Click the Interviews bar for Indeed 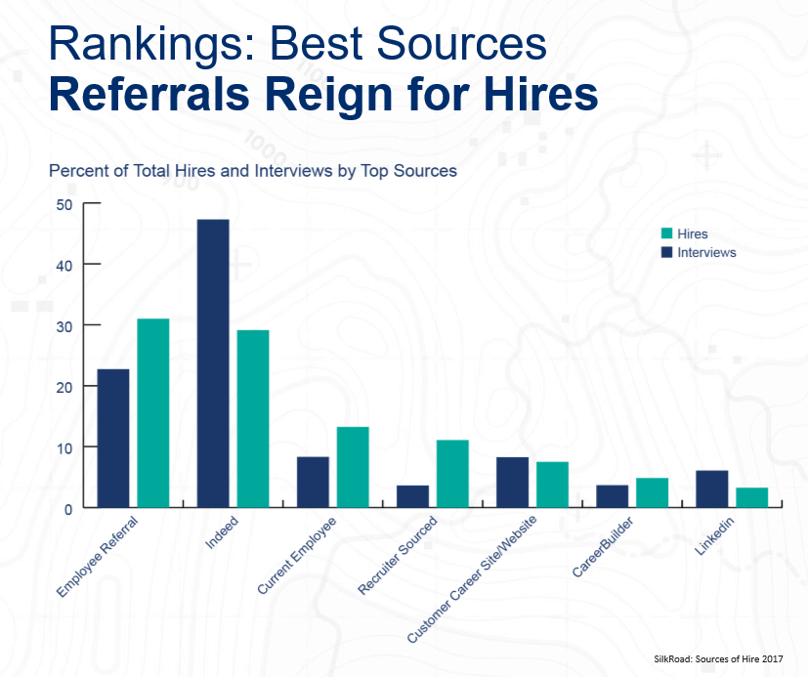pos(213,363)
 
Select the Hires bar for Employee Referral pos(153,413)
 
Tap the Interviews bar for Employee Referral pos(113,438)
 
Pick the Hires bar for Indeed pos(253,419)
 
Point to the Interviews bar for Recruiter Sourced pos(412,496)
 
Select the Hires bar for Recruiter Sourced pos(452,474)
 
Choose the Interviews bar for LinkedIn pos(712,488)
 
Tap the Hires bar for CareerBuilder pos(653,492)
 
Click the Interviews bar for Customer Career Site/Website pos(512,483)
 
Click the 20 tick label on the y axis pos(65,387)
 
